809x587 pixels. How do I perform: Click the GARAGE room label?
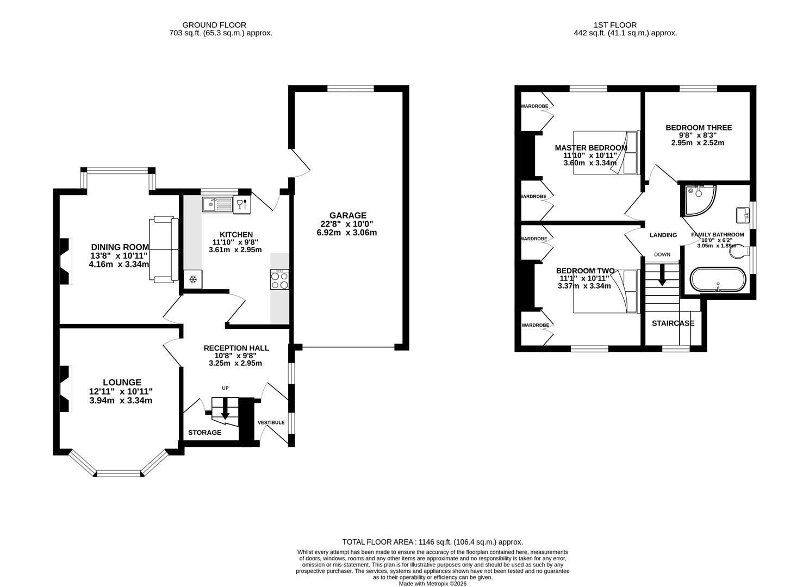coord(346,215)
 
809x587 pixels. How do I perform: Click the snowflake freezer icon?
coord(192,280)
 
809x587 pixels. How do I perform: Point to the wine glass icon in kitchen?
coord(241,204)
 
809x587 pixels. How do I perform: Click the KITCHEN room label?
coord(236,235)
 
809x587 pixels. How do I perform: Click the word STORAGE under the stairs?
coord(205,433)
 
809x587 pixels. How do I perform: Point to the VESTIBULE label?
coord(271,422)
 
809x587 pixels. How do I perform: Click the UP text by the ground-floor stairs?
coord(225,388)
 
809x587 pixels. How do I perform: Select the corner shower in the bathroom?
coord(699,199)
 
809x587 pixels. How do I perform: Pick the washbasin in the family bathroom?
coord(743,215)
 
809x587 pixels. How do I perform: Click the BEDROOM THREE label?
coord(699,128)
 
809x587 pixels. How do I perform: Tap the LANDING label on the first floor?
coord(663,235)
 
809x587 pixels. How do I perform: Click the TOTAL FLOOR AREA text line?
coord(432,542)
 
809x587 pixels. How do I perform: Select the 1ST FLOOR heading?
coord(615,25)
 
